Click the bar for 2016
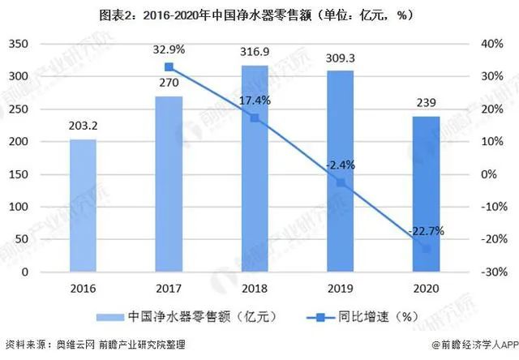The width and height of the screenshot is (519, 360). [x=83, y=206]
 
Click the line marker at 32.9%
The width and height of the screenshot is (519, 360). [x=169, y=67]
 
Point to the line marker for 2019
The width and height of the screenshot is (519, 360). [x=340, y=182]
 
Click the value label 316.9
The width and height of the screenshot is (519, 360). [x=255, y=54]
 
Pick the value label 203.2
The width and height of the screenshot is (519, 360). [x=83, y=128]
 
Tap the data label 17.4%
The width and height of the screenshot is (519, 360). [x=255, y=101]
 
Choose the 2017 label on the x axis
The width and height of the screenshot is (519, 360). [x=169, y=288]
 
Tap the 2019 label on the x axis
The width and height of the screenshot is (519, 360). [x=340, y=288]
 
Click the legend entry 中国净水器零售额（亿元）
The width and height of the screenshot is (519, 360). [x=178, y=316]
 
